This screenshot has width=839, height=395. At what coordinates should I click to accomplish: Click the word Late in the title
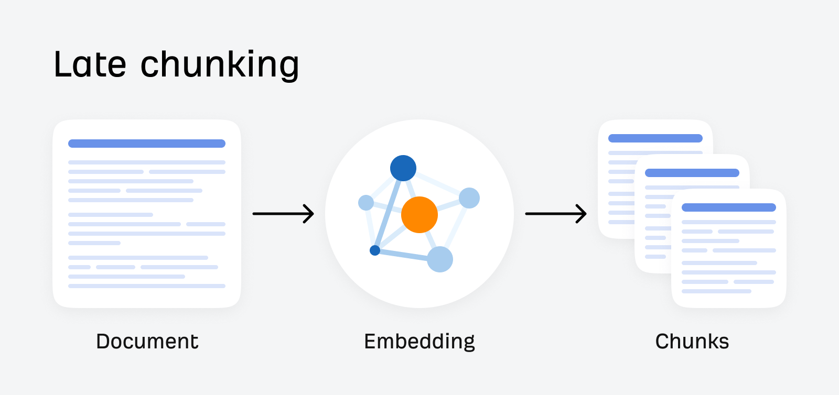click(x=90, y=65)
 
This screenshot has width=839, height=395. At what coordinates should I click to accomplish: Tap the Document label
click(x=147, y=342)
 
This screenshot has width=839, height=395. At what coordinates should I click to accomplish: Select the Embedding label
click(x=419, y=342)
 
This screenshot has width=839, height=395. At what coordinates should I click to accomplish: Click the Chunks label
click(x=692, y=342)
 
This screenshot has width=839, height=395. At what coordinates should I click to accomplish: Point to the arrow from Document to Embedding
click(x=283, y=214)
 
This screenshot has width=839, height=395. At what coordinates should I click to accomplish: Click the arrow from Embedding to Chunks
click(x=556, y=214)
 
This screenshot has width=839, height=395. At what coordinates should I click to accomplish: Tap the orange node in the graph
click(x=419, y=215)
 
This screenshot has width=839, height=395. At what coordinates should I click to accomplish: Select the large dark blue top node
click(x=403, y=168)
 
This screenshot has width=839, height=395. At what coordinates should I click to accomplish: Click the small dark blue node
click(x=375, y=250)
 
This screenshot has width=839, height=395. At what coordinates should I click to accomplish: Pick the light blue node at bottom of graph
click(x=440, y=259)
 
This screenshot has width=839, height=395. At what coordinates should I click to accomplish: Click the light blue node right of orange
click(x=469, y=198)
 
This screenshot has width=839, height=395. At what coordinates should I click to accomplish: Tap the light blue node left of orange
click(x=366, y=202)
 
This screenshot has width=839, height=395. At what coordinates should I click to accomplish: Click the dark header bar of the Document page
click(x=147, y=144)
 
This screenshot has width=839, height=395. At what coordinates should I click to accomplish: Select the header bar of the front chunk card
click(x=729, y=207)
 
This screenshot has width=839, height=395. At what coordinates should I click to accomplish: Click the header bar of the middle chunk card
click(x=692, y=173)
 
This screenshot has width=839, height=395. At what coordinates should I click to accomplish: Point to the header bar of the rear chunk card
click(x=655, y=138)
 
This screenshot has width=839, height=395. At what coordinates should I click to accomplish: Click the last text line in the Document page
click(x=147, y=286)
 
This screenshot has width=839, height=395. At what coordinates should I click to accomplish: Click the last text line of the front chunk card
click(x=716, y=291)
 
